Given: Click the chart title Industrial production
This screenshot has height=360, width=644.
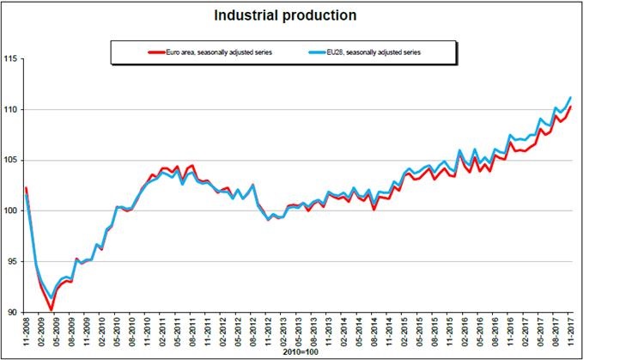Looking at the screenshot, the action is pos(285,15).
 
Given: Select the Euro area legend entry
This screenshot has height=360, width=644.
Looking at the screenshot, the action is pos(210,52).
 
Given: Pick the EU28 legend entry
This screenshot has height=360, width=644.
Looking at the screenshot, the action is pos(364,52).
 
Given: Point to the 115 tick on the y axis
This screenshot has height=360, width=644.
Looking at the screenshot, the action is pos(10,59).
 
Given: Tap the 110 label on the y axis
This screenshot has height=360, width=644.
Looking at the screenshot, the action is pos(10,110).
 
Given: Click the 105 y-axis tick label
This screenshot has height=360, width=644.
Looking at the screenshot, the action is pos(10,161).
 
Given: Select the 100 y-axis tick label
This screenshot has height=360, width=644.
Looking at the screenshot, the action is pos(10,211).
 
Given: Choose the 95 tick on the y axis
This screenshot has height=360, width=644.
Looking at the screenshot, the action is pos(13,262).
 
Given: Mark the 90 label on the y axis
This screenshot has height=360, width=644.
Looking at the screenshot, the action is pos(13,313).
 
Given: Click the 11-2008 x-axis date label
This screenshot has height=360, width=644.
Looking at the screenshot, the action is pos(26,331).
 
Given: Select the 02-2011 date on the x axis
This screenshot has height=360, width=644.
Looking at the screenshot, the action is pos(162,331).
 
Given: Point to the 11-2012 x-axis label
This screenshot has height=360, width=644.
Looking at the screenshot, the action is pos(268,331).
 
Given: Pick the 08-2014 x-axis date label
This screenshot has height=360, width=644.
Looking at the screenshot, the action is pos(374,331).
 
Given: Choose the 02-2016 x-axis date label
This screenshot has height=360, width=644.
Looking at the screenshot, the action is pos(465,331).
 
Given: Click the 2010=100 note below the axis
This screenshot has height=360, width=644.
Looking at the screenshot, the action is pos(301,352).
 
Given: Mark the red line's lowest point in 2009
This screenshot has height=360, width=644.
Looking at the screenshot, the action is pos(52,310).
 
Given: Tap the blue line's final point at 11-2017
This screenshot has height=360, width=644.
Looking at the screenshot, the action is pos(570,97).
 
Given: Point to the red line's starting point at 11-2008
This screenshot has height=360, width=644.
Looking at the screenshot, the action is pos(27,188).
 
